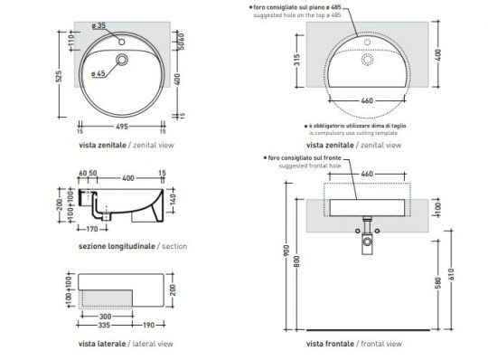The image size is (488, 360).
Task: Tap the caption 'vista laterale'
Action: coord(98,344)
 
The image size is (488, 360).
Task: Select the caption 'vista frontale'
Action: coord(330,344)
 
